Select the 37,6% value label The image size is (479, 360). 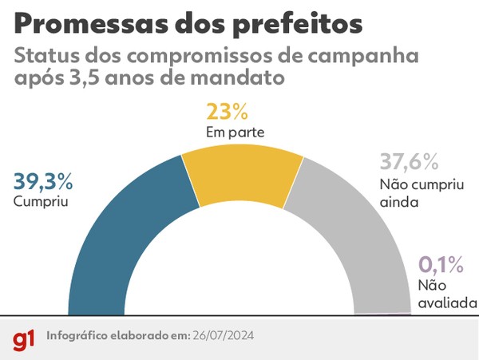[408, 163]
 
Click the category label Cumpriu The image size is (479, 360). [39, 202]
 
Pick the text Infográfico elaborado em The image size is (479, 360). [117, 335]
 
